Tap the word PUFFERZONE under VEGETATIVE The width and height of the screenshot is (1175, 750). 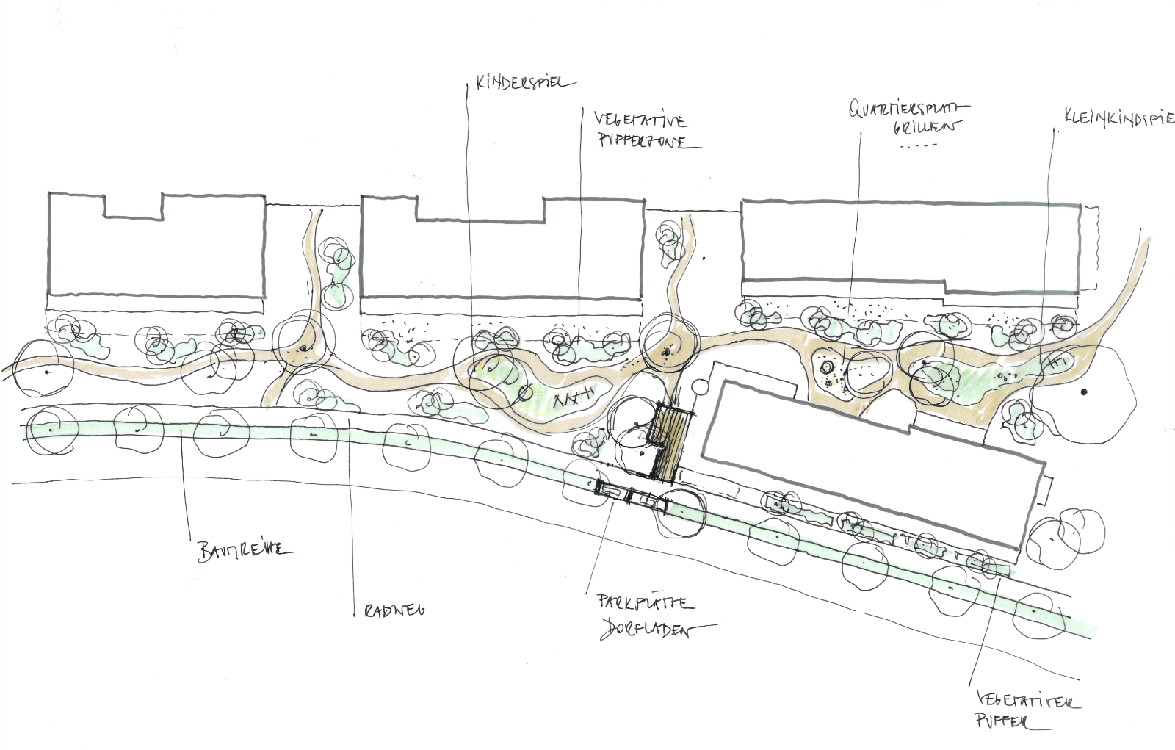click(643, 141)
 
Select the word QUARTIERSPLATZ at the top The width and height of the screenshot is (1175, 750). click(908, 109)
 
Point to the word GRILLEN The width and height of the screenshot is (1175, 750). click(925, 127)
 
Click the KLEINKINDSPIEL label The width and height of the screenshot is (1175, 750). click(1118, 118)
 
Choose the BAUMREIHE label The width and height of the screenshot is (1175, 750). click(246, 549)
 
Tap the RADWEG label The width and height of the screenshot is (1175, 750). click(394, 610)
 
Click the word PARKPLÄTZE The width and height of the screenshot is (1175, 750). click(646, 603)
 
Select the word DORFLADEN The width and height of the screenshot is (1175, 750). click(646, 630)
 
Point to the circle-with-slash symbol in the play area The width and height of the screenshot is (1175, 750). click(524, 392)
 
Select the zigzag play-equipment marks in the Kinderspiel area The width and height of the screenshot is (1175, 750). click(572, 399)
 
